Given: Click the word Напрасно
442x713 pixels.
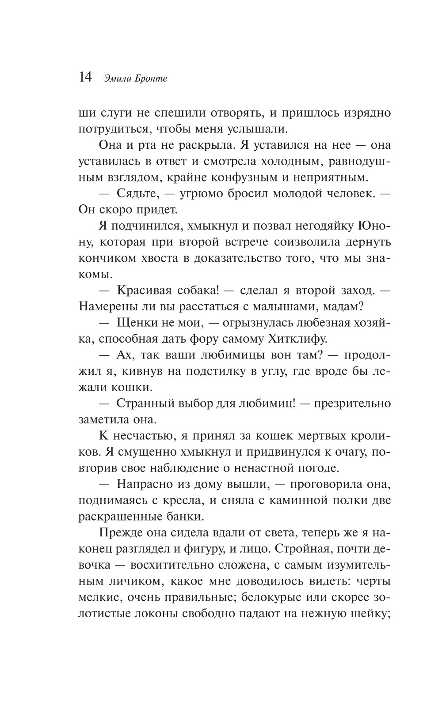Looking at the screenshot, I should tap(145, 485).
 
